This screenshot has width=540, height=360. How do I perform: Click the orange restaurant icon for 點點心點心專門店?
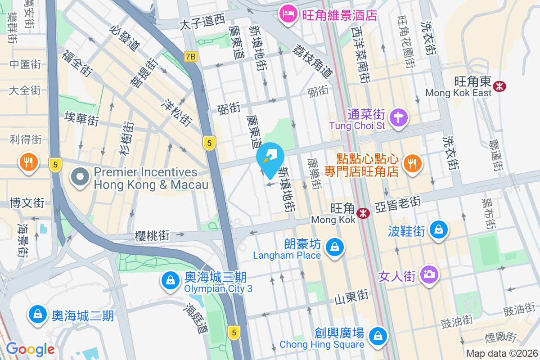coord(412,162)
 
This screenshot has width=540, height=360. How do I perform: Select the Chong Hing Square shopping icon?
coord(378,336)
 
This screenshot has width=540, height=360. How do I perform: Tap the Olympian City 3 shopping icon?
coord(171,280)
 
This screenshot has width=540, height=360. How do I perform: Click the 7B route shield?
coord(191,57)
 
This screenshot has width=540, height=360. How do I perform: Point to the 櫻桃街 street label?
coord(152,235)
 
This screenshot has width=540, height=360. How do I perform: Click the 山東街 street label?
coord(351,297)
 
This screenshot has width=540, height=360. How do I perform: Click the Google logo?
coord(30,349)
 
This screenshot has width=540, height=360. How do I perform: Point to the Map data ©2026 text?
coord(502,354)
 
